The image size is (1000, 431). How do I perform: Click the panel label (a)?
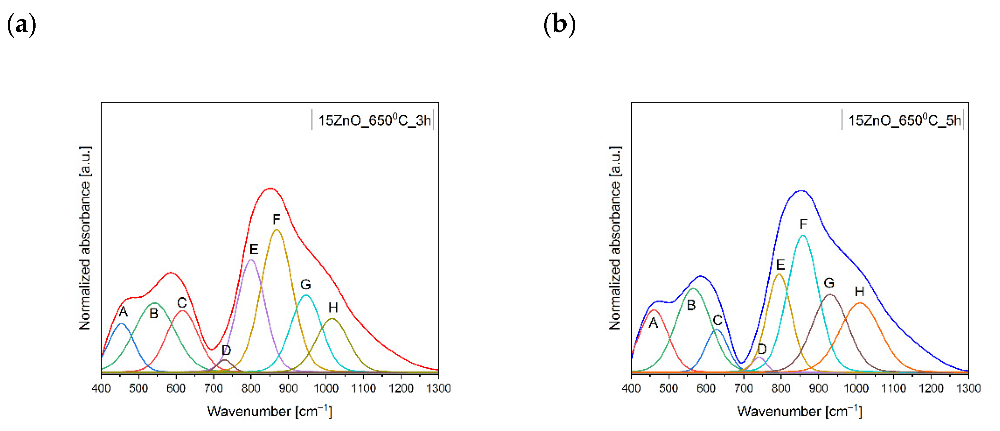point(21,24)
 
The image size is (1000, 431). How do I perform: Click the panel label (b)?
point(559,24)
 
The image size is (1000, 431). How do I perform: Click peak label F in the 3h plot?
point(276,220)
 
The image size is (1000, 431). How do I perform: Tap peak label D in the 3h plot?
point(226,351)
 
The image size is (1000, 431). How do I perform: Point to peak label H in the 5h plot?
point(860,292)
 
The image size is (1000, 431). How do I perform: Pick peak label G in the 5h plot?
point(829,283)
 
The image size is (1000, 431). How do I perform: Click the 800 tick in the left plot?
point(251,388)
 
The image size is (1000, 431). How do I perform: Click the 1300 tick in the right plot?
point(968,388)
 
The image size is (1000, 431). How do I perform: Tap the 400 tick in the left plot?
point(101,388)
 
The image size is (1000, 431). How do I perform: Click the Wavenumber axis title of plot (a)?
point(270,411)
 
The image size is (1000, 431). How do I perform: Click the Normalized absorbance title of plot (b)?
point(615,238)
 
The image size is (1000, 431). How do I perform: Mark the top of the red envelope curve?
point(270,188)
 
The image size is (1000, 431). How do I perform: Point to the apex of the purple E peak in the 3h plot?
point(251,260)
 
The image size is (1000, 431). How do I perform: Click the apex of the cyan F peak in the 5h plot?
point(803,235)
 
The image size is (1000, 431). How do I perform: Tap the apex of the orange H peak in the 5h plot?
point(860,303)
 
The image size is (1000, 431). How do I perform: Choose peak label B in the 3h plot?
point(154,313)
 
